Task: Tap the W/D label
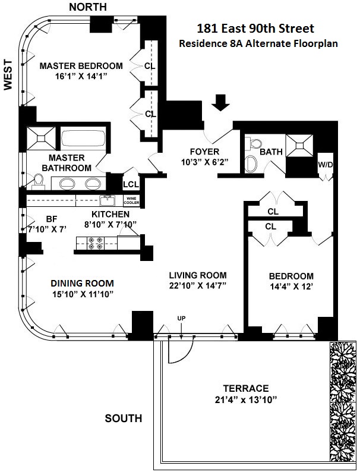pyautogui.click(x=326, y=164)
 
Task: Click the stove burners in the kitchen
pyautogui.click(x=95, y=242)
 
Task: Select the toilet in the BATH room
pyautogui.click(x=254, y=144)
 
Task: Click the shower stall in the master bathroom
pyautogui.click(x=42, y=139)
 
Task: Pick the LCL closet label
pyautogui.click(x=130, y=184)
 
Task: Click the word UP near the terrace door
pyautogui.click(x=182, y=319)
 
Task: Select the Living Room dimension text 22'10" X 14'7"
pyautogui.click(x=198, y=286)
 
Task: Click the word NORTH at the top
pyautogui.click(x=88, y=7)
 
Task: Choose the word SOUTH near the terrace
pyautogui.click(x=124, y=419)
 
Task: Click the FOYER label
pyautogui.click(x=204, y=151)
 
